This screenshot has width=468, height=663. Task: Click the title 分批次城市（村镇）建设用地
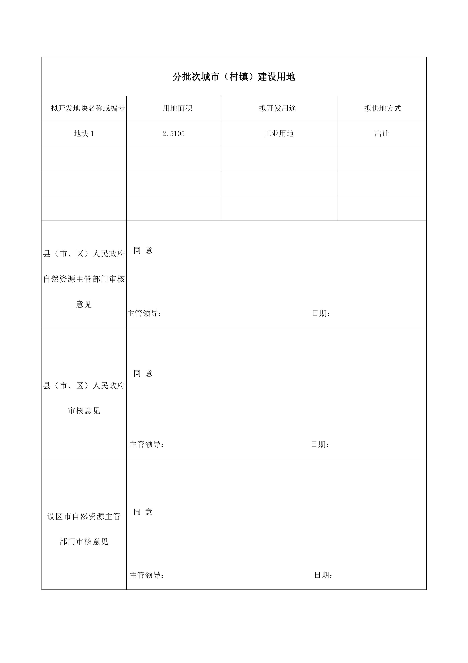pos(234,77)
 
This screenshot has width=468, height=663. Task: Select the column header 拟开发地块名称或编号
pos(88,108)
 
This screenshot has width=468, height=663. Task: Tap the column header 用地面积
pos(177,108)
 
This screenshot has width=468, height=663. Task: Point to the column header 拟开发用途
pos(277,108)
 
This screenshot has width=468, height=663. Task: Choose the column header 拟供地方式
pos(383,108)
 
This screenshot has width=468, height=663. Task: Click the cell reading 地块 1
pos(84,133)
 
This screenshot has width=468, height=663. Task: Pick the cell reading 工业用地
pos(279,133)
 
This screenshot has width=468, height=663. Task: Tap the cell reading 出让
pos(382,133)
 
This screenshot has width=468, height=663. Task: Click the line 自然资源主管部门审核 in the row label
pos(84,279)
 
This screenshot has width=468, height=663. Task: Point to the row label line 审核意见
pos(84,411)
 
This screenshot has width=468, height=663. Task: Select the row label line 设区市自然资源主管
pos(84,516)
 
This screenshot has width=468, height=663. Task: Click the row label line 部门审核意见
pos(84,541)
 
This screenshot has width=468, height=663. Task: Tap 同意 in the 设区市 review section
pos(143,512)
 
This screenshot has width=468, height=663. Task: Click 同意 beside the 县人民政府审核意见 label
pos(143,373)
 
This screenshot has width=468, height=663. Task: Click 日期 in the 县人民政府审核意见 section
pos(320,444)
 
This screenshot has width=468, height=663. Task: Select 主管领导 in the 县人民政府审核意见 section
pos(146,444)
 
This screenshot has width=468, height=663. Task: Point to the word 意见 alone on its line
pos(84,304)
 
